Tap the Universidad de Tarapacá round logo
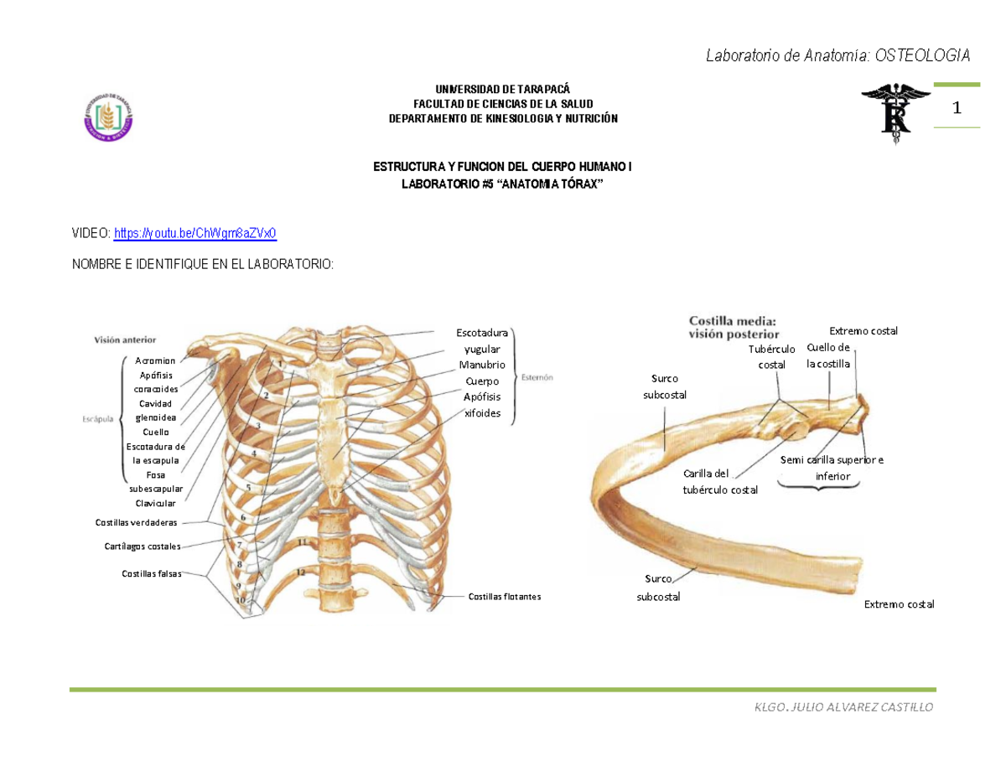108,115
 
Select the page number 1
956,108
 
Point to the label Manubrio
481,365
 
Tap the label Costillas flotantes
505,597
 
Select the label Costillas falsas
152,574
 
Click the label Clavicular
155,503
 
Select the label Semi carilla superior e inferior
832,468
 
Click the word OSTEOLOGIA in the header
923,56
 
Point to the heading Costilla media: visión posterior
733,326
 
